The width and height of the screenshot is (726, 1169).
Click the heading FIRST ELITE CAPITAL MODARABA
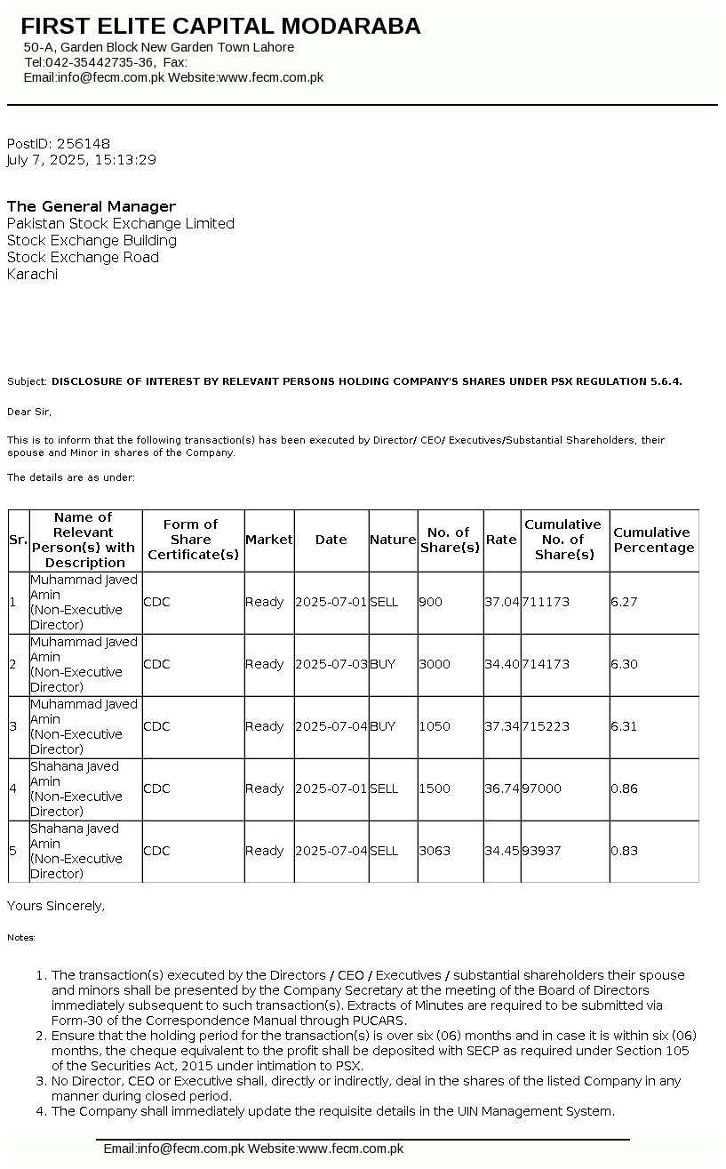pyautogui.click(x=220, y=27)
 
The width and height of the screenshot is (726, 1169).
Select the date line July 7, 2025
pyautogui.click(x=81, y=160)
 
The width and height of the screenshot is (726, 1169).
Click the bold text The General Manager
pyautogui.click(x=92, y=206)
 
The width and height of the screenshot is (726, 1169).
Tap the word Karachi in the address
pyautogui.click(x=32, y=274)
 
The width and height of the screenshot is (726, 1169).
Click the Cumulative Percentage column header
pyautogui.click(x=653, y=540)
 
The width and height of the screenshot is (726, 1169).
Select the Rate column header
pyautogui.click(x=501, y=540)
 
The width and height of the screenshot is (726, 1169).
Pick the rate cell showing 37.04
pyautogui.click(x=501, y=602)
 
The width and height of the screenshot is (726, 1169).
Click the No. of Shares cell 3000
pyautogui.click(x=435, y=664)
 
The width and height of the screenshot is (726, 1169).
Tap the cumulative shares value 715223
pyautogui.click(x=546, y=726)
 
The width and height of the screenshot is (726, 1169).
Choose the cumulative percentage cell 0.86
pyautogui.click(x=624, y=789)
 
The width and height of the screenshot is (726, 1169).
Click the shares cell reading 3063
pyautogui.click(x=435, y=851)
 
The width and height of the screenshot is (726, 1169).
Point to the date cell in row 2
pyautogui.click(x=331, y=664)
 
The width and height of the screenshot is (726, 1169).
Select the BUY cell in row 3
pyautogui.click(x=383, y=726)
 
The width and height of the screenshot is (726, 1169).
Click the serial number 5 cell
pyautogui.click(x=12, y=851)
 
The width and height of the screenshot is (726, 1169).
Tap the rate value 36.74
pyautogui.click(x=501, y=789)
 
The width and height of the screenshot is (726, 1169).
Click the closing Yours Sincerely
pyautogui.click(x=56, y=906)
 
